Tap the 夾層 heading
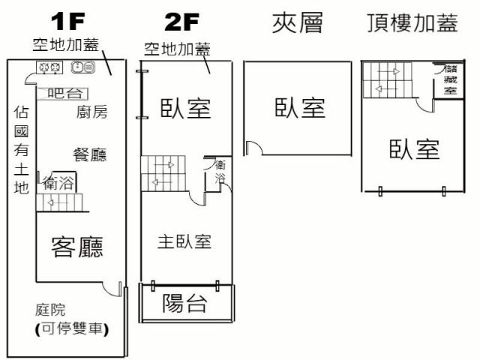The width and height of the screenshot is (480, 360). click(x=297, y=23)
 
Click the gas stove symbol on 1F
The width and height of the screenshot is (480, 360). click(x=49, y=68)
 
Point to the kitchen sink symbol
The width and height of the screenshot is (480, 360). click(x=82, y=68)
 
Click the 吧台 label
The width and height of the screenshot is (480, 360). click(x=61, y=94)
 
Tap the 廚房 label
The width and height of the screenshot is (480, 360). click(x=92, y=112)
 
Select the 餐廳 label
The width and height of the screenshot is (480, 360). click(x=89, y=154)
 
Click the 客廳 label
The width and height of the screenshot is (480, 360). click(x=76, y=246)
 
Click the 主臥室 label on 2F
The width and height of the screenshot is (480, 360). click(x=184, y=241)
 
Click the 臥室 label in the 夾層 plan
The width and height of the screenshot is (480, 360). click(x=300, y=108)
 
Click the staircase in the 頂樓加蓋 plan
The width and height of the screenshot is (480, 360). click(x=388, y=79)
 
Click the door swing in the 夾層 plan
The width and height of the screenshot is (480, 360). click(x=253, y=148)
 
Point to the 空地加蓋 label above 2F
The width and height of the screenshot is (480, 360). click(x=178, y=49)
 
